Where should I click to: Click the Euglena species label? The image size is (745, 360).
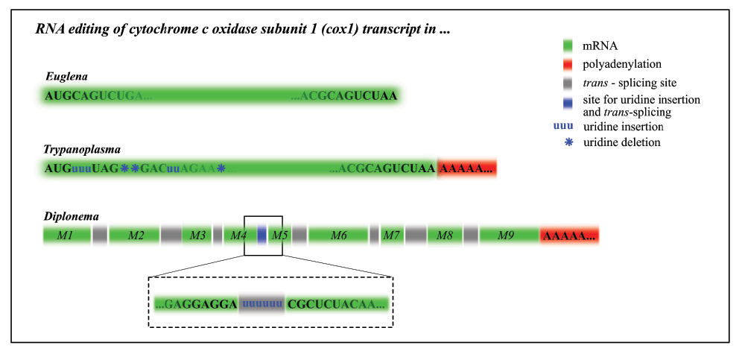(x=66, y=77)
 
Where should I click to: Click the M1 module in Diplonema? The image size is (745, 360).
(x=65, y=236)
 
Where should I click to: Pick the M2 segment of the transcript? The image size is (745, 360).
(x=135, y=236)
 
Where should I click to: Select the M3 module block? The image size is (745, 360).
(x=197, y=236)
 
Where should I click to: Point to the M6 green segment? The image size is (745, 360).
(x=338, y=236)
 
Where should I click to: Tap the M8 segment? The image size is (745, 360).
(x=445, y=236)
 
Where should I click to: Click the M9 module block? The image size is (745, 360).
(x=506, y=236)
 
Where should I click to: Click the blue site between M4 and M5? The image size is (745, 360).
(x=261, y=236)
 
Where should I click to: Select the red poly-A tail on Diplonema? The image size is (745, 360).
(x=569, y=236)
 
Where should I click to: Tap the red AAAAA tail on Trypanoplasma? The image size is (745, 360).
(x=466, y=168)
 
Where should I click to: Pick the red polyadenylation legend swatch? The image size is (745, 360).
(x=569, y=65)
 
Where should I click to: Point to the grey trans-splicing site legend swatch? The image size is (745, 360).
(x=569, y=83)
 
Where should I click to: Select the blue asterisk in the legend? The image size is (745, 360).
(x=569, y=142)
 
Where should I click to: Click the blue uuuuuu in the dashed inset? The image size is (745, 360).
(x=262, y=304)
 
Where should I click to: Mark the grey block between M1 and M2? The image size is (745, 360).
(x=100, y=236)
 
